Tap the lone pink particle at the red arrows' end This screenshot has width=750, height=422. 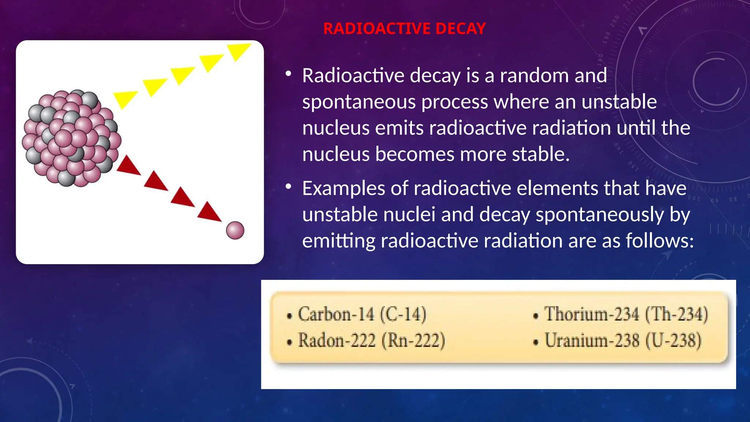coord(235,230)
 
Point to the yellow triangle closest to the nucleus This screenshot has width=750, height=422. coord(125,99)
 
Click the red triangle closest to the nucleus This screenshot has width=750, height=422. coord(128,166)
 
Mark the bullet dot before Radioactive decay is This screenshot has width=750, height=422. coord(289,74)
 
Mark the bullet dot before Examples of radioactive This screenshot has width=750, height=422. coord(289,187)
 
